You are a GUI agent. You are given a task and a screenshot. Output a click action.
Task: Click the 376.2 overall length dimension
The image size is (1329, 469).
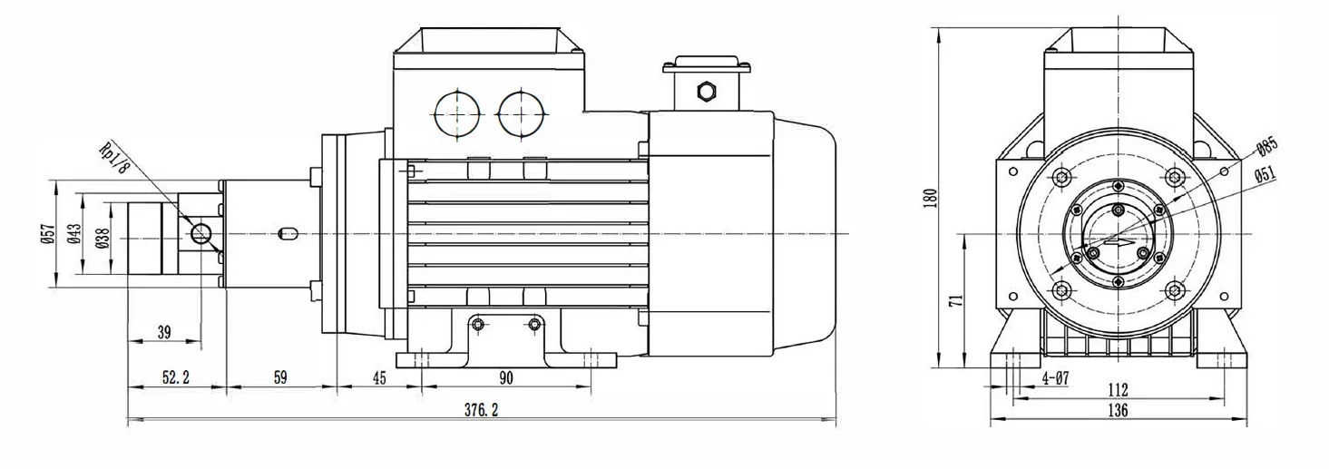pyautogui.click(x=481, y=410)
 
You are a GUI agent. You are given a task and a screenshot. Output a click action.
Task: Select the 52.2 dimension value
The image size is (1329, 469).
pyautogui.click(x=176, y=377)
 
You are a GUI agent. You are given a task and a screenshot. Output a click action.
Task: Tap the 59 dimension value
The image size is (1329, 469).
pyautogui.click(x=280, y=377)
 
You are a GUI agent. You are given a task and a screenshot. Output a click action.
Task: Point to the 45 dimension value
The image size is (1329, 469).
pyautogui.click(x=378, y=377)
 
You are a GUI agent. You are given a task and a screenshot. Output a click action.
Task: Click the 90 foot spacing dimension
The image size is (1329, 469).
pyautogui.click(x=506, y=377)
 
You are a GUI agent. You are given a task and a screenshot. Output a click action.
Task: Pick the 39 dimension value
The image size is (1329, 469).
pyautogui.click(x=164, y=332)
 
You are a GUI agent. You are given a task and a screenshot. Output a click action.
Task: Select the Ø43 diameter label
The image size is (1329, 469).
pyautogui.click(x=74, y=234)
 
